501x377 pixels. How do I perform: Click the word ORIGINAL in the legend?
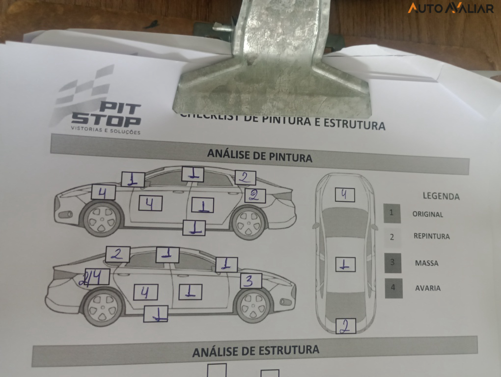point(427,215)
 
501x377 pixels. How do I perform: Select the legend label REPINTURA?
point(431,236)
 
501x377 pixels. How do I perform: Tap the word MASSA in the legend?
point(426,263)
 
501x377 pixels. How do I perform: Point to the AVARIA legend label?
point(427,288)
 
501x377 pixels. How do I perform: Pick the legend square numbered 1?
point(392,213)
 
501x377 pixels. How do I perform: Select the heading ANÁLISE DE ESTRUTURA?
point(255,351)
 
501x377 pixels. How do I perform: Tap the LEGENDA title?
point(441,196)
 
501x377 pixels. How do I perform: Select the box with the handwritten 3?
point(250,281)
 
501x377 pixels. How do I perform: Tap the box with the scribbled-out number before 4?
point(96,277)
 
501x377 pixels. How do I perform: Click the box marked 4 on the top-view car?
point(344,195)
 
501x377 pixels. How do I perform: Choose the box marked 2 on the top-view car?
point(345,326)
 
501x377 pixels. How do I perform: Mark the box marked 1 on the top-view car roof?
point(345,265)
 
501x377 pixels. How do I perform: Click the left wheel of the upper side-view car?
point(102,218)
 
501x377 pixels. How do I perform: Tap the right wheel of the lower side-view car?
point(253,305)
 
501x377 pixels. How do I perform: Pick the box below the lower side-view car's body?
point(156,314)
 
